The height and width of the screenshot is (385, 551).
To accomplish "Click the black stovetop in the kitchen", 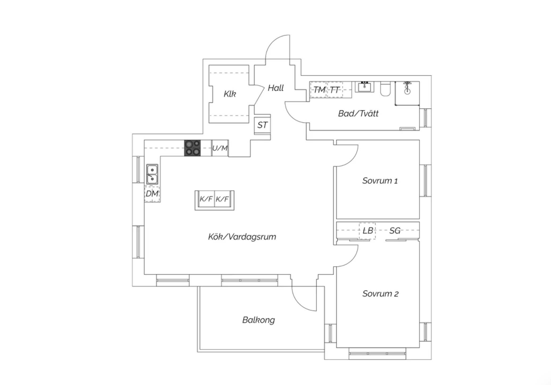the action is click(x=192, y=148).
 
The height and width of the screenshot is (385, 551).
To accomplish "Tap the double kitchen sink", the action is click(x=152, y=174).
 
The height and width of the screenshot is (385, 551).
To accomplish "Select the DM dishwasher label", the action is click(x=152, y=194).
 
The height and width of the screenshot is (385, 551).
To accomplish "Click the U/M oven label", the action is click(x=220, y=148).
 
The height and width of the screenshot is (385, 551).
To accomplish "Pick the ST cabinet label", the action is click(x=262, y=125).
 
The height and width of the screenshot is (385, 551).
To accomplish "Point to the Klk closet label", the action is click(x=230, y=94).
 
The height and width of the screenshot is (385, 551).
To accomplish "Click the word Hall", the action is click(x=276, y=88).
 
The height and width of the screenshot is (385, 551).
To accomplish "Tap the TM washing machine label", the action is click(x=319, y=90).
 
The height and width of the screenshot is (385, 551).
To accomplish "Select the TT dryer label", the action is click(x=334, y=90).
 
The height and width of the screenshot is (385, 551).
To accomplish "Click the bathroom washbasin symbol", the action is click(x=364, y=87).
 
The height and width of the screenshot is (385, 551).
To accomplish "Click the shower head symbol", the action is click(x=407, y=88).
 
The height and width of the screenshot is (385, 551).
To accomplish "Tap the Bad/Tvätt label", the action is click(x=358, y=114).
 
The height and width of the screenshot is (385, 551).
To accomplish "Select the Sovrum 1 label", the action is click(x=380, y=181).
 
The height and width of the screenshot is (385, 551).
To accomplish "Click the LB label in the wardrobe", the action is click(x=368, y=231).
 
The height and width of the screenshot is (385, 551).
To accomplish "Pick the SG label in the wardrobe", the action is click(x=395, y=231).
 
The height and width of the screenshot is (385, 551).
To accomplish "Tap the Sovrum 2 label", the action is click(x=380, y=294).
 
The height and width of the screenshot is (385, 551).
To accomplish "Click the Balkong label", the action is click(x=258, y=320).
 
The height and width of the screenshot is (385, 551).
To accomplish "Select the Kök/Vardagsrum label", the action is click(x=242, y=237).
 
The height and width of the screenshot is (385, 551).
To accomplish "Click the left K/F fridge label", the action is click(x=206, y=199).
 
